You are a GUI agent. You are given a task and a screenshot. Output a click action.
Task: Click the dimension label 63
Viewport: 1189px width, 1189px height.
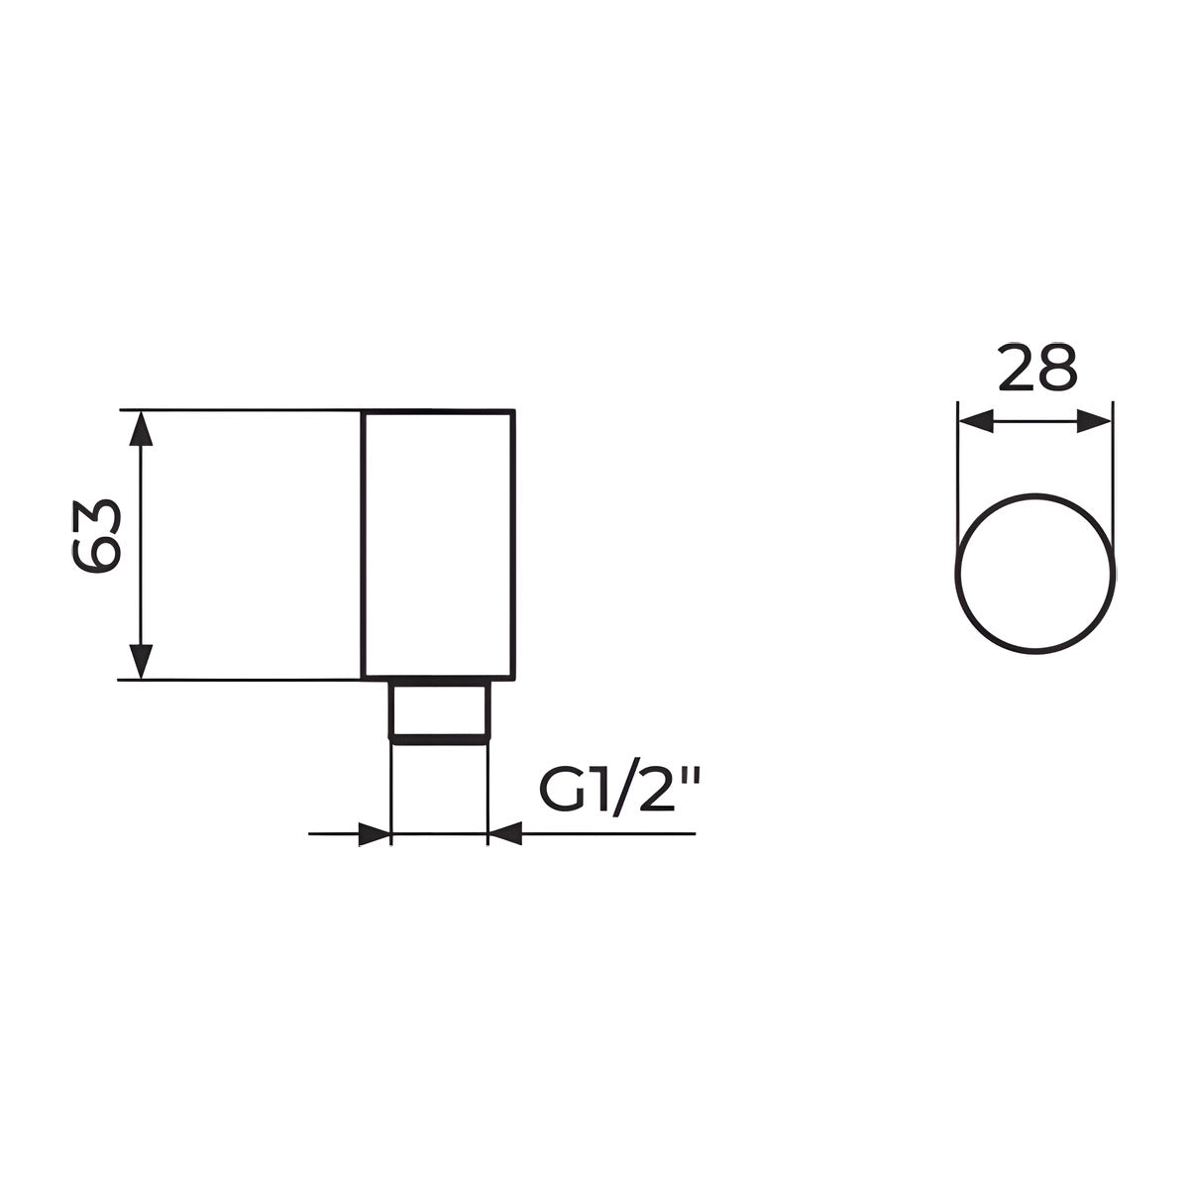(95, 536)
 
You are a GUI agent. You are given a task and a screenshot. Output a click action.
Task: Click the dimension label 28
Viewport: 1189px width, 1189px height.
(1037, 368)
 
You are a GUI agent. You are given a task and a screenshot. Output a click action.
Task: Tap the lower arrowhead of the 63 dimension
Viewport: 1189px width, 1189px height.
(142, 661)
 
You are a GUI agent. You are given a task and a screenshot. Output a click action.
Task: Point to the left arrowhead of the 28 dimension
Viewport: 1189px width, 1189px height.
(977, 422)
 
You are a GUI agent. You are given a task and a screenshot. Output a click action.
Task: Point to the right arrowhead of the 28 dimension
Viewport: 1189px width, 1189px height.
(1093, 422)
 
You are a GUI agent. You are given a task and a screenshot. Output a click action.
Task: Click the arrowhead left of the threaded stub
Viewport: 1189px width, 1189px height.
(375, 834)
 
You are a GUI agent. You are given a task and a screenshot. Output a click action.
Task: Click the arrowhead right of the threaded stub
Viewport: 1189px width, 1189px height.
(504, 834)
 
